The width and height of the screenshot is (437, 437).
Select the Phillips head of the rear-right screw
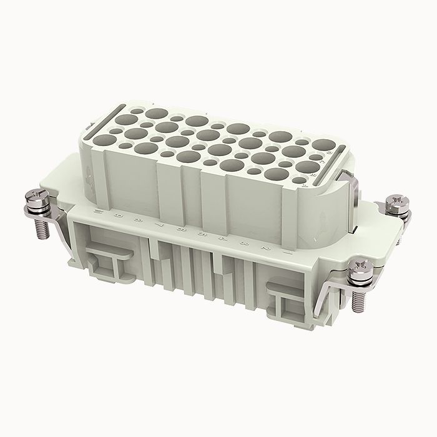(397, 202)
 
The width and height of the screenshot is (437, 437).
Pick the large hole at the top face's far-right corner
(323, 145)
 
